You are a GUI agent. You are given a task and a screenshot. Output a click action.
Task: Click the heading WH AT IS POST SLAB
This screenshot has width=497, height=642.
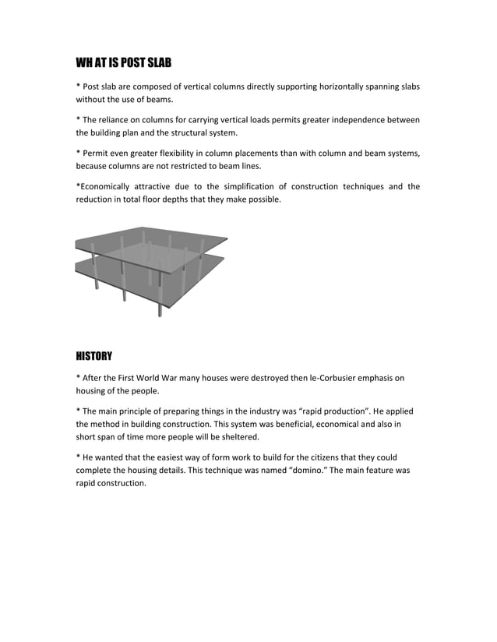tap(123, 62)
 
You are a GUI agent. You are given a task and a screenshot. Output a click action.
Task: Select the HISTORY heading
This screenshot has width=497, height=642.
tap(93, 356)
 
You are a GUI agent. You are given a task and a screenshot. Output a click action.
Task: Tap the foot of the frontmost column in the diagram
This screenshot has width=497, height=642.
tap(160, 314)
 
